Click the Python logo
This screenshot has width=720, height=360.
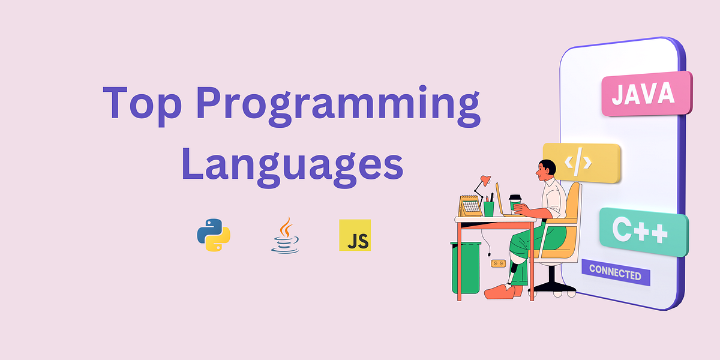pos(214,235)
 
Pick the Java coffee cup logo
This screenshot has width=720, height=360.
pos(285,236)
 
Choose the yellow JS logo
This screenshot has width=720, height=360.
pos(355,235)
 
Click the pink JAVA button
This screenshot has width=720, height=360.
pos(646,94)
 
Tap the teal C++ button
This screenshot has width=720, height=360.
pos(643,231)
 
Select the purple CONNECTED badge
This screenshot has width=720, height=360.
pos(615,274)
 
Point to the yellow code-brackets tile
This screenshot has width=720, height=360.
pos(581,162)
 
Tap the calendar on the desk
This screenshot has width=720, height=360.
pos(471,206)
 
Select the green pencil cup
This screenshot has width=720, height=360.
pos(489,208)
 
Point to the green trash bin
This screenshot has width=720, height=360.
pos(466,267)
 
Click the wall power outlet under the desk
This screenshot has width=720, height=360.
pos(497,263)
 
